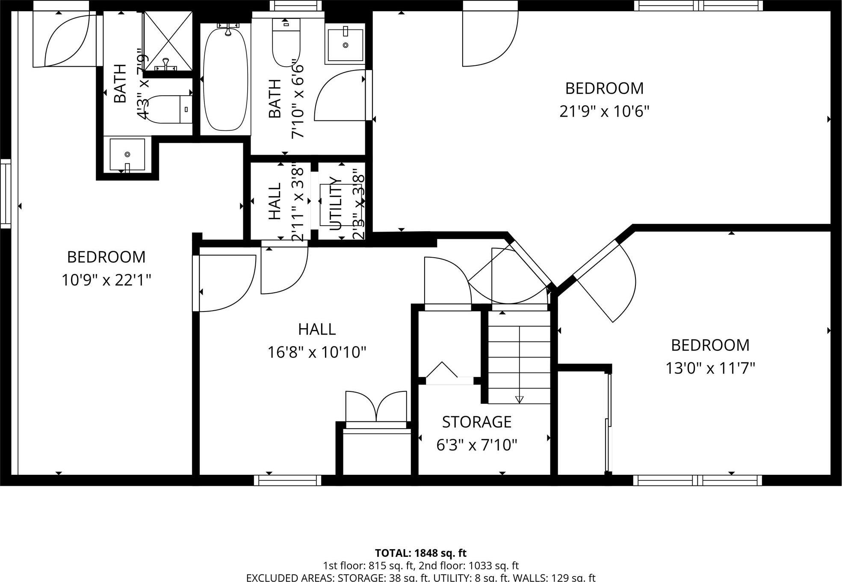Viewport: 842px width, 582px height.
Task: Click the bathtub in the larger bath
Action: pos(225,79)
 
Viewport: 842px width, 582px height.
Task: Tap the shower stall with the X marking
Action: pos(168,41)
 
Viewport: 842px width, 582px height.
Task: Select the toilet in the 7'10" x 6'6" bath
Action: pos(286,43)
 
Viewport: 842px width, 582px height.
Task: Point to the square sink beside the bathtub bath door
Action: pos(345,44)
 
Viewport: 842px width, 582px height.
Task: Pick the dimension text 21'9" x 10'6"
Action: pos(604,112)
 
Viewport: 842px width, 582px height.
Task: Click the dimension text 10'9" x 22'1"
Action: pos(106,280)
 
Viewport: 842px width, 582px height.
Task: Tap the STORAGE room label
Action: pos(476,422)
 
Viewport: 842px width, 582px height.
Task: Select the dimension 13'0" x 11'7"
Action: pos(710,368)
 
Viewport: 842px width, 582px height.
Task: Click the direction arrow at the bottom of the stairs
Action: pos(519,400)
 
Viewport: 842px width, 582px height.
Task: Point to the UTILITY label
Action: pos(336,203)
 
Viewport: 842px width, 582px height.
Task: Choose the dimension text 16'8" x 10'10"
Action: pos(316,353)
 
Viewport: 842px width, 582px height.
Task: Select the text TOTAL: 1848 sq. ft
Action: pos(420,553)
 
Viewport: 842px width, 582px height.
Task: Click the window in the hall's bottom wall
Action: pos(287,480)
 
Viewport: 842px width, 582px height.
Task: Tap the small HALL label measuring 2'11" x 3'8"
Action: pos(275,201)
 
